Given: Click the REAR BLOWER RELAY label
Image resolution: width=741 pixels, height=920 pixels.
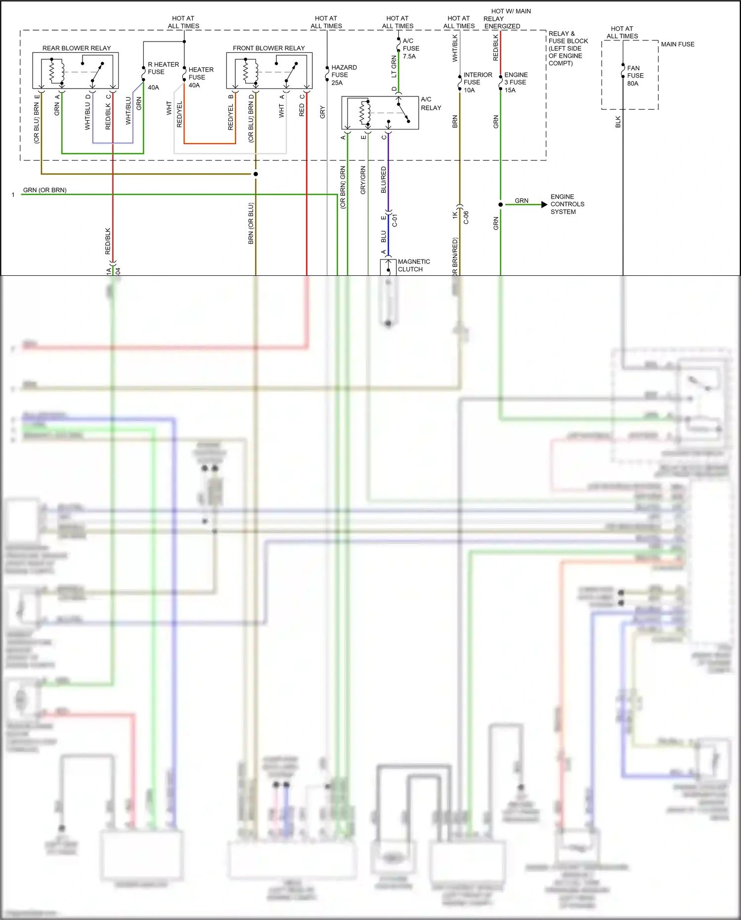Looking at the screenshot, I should click(x=77, y=48).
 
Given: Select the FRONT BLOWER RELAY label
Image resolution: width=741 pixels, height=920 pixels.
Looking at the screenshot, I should click(x=268, y=48).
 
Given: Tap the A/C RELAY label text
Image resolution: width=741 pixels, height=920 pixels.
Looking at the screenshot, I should click(x=431, y=103).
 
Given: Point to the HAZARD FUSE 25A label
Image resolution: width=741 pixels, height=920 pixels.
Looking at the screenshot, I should click(x=344, y=75).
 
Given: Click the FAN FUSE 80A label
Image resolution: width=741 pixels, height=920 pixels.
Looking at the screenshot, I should click(x=635, y=76).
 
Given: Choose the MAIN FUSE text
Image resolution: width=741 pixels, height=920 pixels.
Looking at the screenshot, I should click(x=677, y=44).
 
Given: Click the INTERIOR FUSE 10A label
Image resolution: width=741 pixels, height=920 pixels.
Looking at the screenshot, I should click(x=477, y=82).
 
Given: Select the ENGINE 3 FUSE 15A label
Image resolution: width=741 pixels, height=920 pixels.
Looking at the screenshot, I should click(x=516, y=82).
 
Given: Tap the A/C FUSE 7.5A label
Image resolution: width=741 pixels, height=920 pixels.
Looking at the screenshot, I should click(x=410, y=48).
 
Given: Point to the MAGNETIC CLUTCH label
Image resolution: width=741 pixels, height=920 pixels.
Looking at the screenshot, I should click(x=413, y=265).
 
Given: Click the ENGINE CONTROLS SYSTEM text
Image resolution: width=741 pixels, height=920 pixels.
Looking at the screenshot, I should click(x=567, y=204).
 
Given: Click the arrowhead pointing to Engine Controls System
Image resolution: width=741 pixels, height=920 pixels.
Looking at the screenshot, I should click(x=544, y=204).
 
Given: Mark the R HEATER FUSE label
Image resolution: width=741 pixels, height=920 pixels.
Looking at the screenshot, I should click(x=163, y=68).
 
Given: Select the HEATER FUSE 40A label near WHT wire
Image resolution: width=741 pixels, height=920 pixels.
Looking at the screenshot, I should click(x=200, y=77).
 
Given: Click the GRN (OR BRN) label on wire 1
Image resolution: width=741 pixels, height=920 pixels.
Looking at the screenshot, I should click(x=44, y=190).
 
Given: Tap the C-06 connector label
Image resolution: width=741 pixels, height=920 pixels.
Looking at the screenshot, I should click(x=466, y=218).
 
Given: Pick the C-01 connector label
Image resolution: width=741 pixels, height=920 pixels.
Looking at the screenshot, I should click(x=394, y=220).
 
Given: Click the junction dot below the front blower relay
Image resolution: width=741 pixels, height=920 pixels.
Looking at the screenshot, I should click(x=256, y=174).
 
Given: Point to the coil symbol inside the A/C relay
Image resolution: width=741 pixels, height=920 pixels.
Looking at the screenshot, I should click(x=365, y=113).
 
